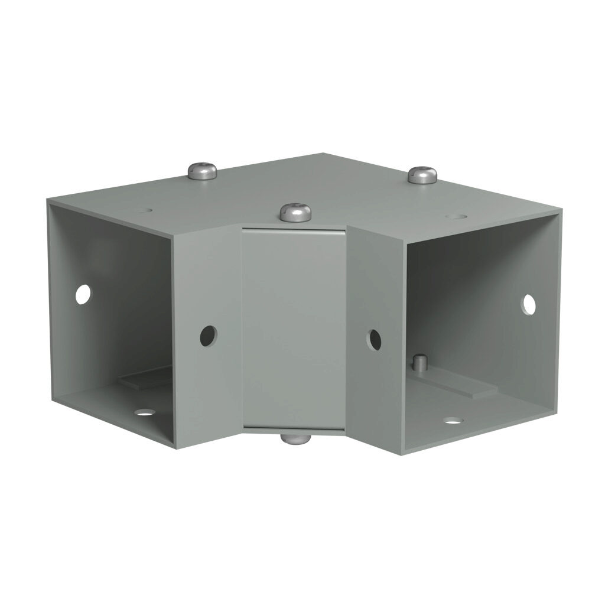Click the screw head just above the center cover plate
click(295, 212)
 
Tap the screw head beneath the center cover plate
click(295, 438)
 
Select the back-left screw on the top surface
click(202, 171)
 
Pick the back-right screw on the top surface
click(422, 174)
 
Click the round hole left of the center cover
click(207, 336)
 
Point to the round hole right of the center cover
click(375, 339)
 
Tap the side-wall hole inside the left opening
click(83, 294)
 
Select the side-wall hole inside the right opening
click(528, 304)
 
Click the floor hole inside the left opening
click(142, 412)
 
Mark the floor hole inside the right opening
click(453, 421)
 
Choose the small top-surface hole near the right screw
click(454, 217)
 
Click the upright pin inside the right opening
click(419, 362)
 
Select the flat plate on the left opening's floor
click(145, 379)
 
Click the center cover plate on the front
click(294, 328)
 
